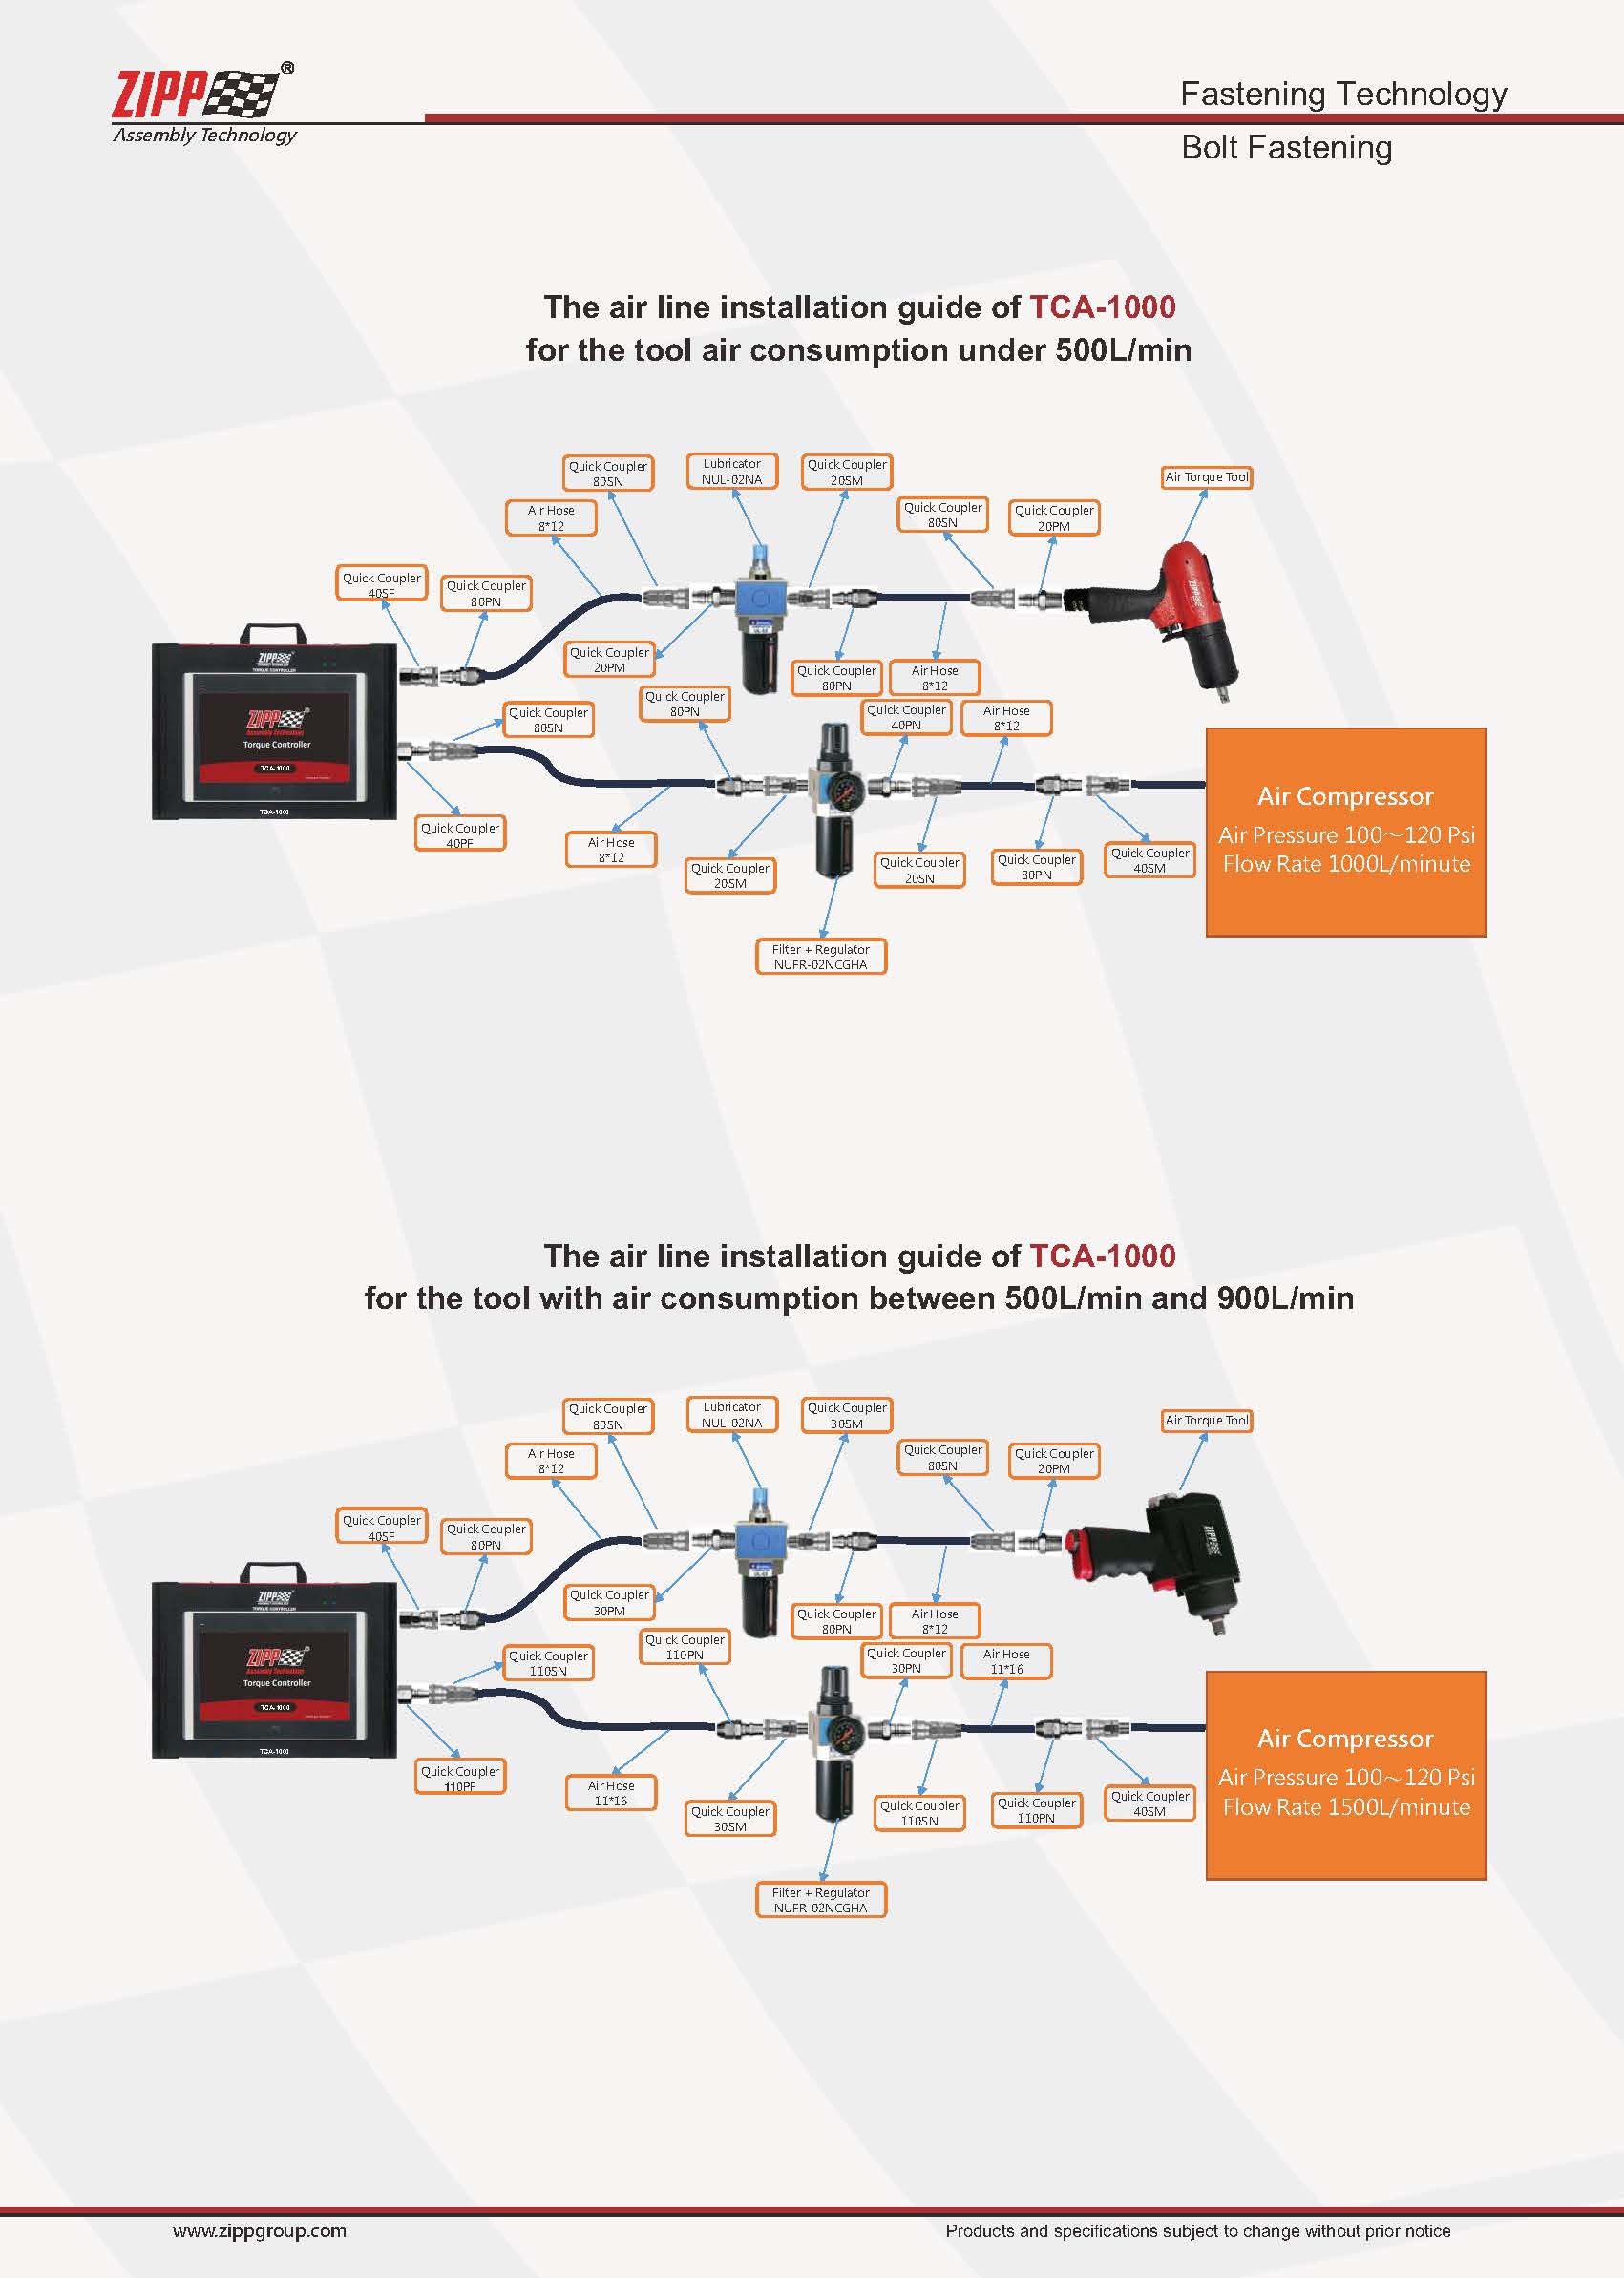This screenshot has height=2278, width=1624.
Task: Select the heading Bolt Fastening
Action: coord(1286,148)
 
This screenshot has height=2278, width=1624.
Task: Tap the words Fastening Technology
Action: coord(1343,94)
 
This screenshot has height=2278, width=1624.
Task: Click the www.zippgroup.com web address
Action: coord(259,2230)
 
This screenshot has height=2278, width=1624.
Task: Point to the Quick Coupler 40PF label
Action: coord(460,835)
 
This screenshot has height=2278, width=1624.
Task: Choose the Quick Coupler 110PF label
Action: coord(460,1778)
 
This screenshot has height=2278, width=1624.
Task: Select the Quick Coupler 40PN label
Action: coord(906,717)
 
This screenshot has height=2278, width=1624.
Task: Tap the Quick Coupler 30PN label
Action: coord(906,1660)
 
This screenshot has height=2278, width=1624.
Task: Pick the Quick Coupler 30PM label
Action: coord(609,1602)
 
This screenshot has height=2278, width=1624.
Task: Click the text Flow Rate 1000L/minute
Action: coord(1346,864)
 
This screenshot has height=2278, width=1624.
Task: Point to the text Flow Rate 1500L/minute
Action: coord(1346,1807)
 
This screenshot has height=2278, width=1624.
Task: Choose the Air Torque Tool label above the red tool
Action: coord(1207,477)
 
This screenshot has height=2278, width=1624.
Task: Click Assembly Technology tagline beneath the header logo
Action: coord(205,135)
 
